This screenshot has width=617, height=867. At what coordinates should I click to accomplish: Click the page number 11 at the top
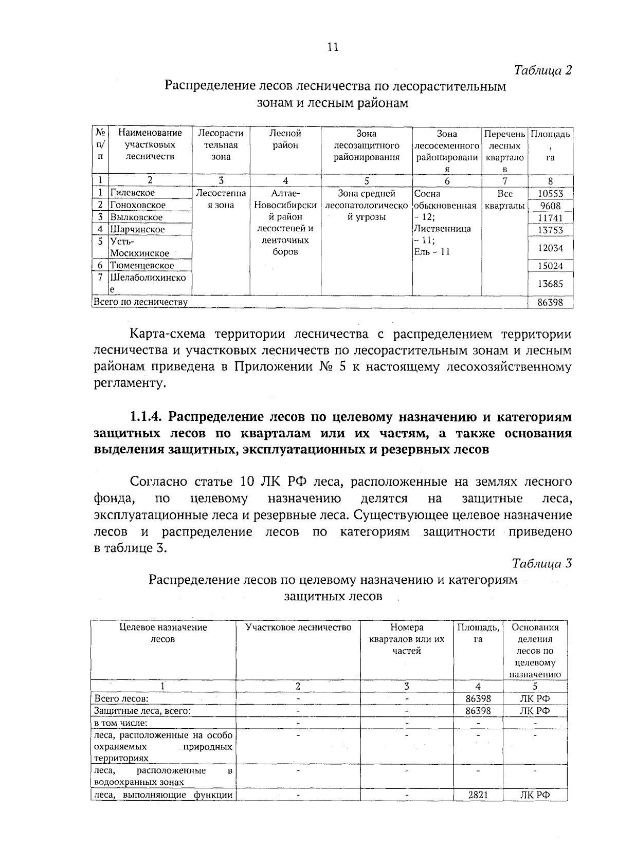tap(333, 47)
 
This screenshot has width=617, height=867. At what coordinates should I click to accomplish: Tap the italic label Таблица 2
tap(543, 70)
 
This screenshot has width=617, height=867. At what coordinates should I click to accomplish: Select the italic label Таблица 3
tap(542, 563)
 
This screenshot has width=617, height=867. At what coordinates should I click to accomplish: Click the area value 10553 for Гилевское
tap(550, 194)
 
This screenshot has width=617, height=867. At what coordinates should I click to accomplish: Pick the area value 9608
tap(550, 206)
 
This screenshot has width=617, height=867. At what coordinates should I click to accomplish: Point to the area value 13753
tap(550, 230)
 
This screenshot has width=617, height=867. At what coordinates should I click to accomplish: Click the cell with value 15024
tap(550, 266)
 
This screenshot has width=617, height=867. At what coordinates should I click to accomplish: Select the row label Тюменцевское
tap(142, 266)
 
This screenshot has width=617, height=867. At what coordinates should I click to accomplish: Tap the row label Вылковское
tap(136, 217)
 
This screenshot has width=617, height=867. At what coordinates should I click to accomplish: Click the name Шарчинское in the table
tap(137, 230)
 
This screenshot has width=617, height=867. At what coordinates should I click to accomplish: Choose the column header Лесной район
tap(285, 139)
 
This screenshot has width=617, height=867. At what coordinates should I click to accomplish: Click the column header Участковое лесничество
tap(298, 628)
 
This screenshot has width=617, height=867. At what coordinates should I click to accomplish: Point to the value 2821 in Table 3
tap(478, 809)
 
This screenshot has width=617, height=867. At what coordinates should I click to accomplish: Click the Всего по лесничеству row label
tap(140, 302)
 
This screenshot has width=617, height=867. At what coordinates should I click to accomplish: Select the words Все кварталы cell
tap(504, 200)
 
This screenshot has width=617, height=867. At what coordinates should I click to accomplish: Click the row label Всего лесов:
tap(121, 699)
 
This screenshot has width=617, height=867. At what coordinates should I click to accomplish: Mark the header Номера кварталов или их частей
tap(406, 639)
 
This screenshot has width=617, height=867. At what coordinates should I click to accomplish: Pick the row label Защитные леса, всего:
tap(142, 711)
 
